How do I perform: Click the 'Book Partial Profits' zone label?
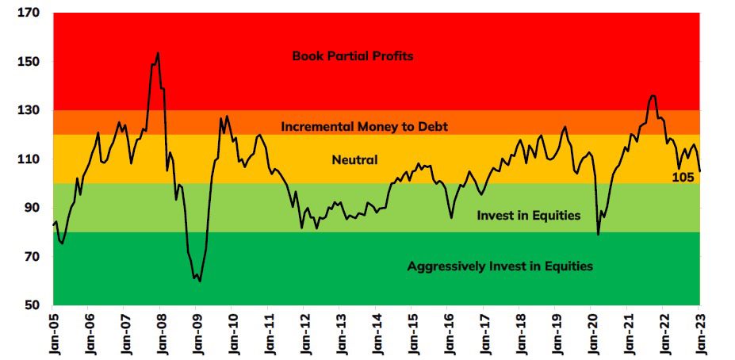pyautogui.click(x=353, y=56)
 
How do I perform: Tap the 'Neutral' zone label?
pyautogui.click(x=354, y=160)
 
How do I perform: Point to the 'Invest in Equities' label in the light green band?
pyautogui.click(x=529, y=216)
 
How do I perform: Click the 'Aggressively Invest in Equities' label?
pyautogui.click(x=500, y=266)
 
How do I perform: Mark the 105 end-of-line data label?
pyautogui.click(x=683, y=178)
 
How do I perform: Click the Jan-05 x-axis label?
pyautogui.click(x=52, y=332)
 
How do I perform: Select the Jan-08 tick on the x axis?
pyautogui.click(x=160, y=332)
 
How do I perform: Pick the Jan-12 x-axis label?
pyautogui.click(x=304, y=332)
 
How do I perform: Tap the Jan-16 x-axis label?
pyautogui.click(x=447, y=332)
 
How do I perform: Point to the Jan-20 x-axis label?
pyautogui.click(x=591, y=332)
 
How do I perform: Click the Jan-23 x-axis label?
pyautogui.click(x=699, y=332)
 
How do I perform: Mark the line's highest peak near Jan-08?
pyautogui.click(x=158, y=53)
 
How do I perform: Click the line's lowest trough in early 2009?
pyautogui.click(x=199, y=281)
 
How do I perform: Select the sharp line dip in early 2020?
pyautogui.click(x=598, y=234)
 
